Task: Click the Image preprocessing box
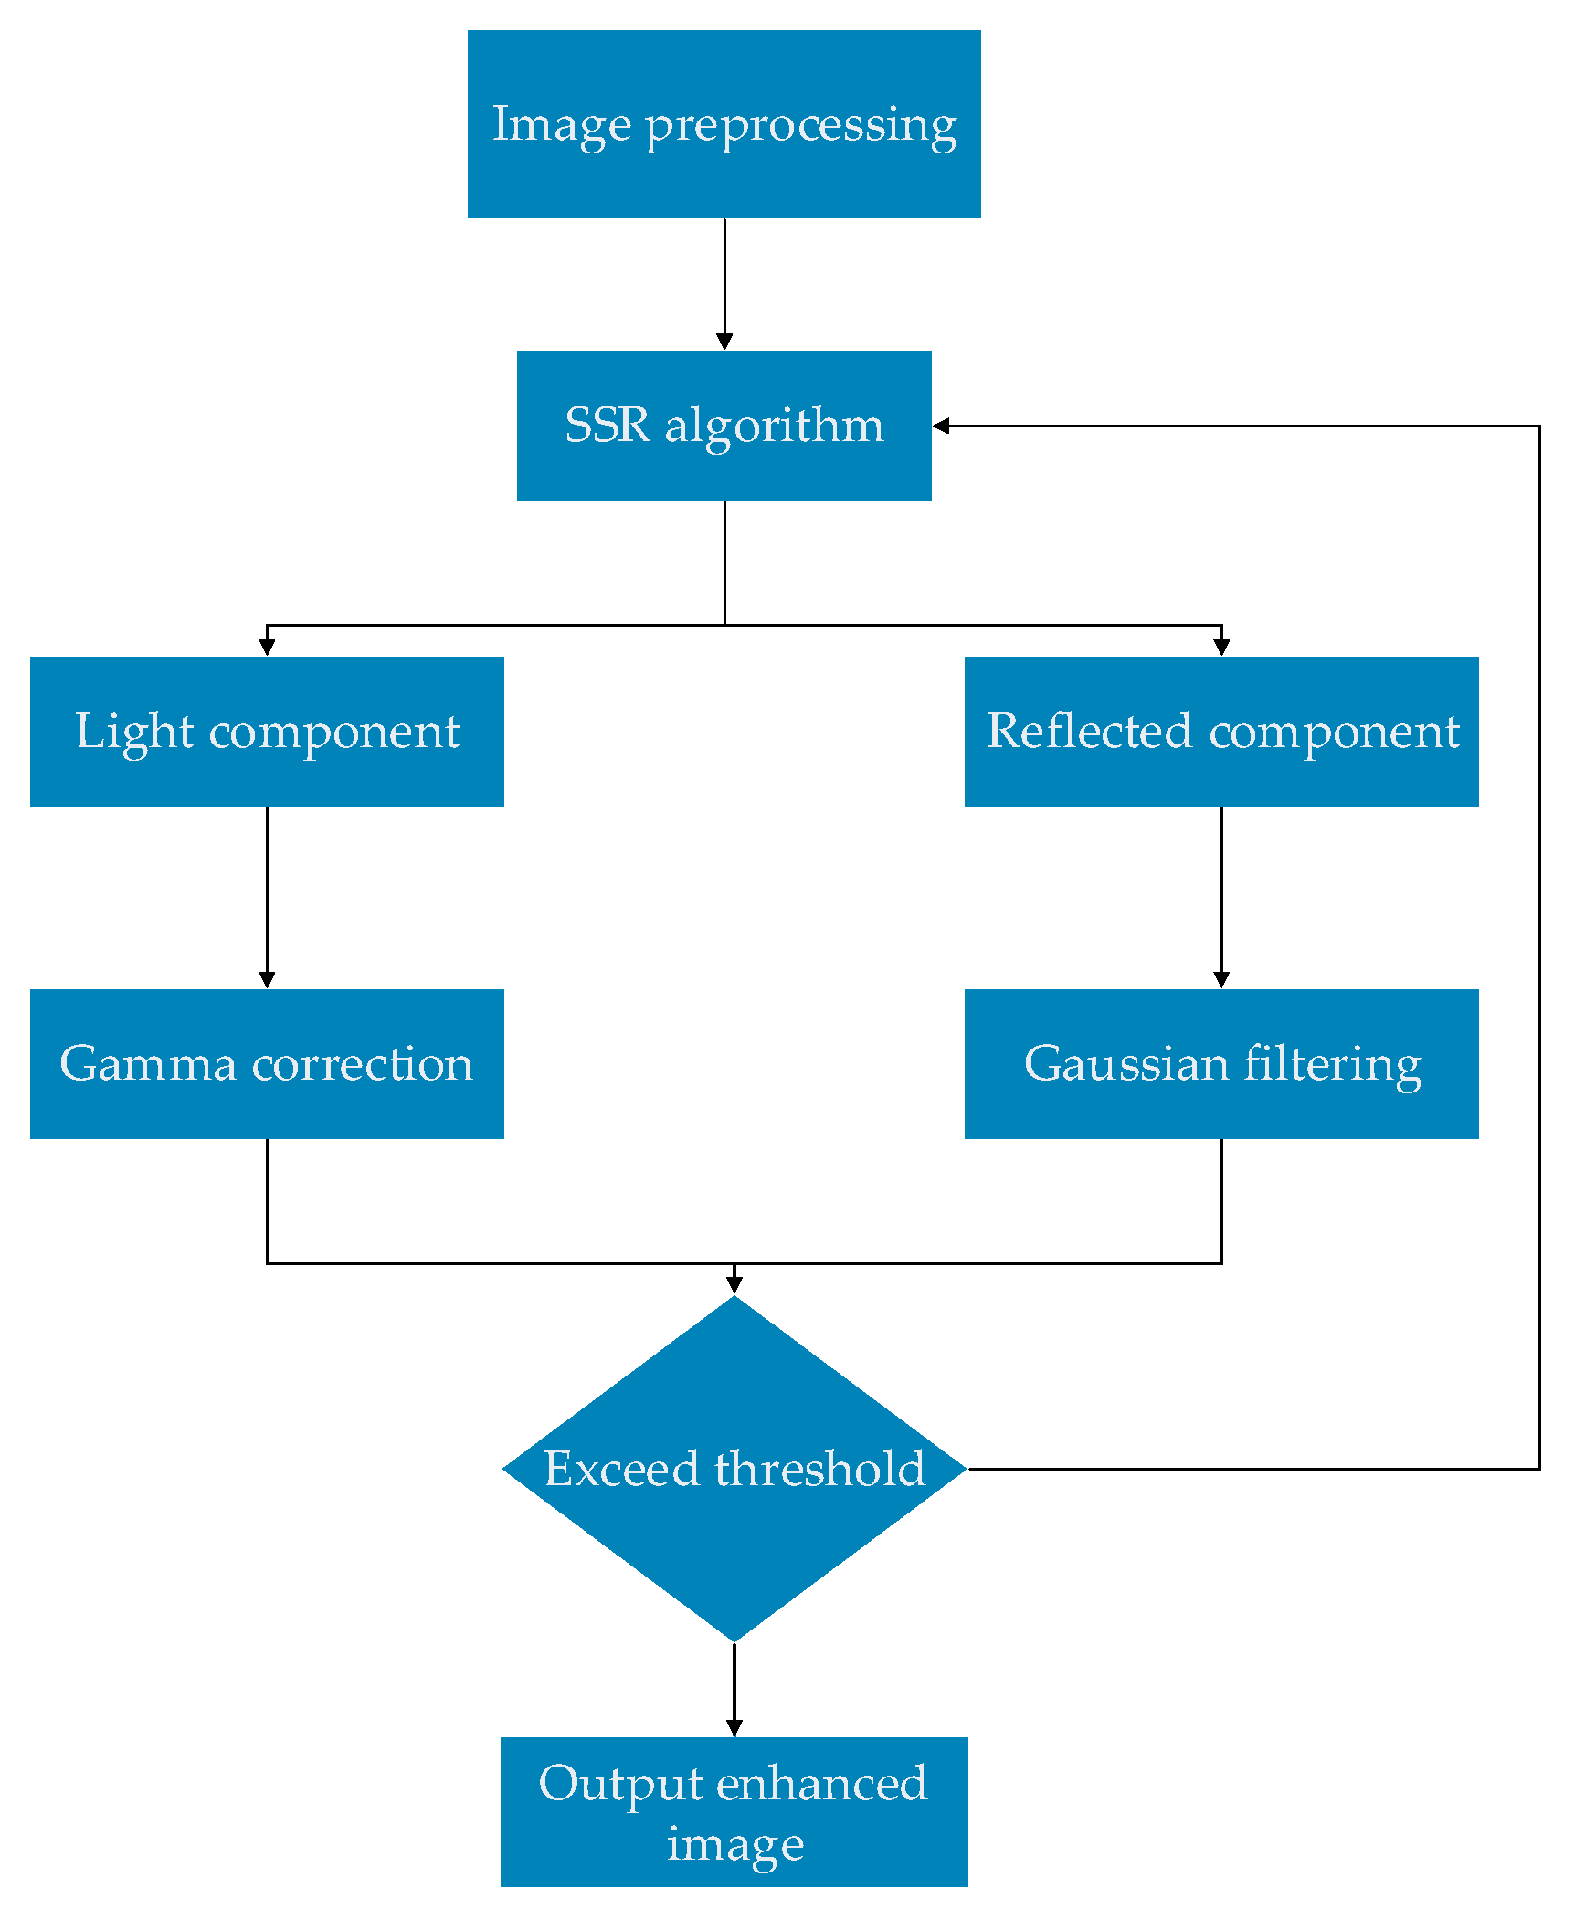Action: (724, 124)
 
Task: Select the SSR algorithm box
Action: (724, 426)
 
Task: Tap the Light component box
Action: (267, 732)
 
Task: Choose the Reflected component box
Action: (1221, 732)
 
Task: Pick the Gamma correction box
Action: (267, 1064)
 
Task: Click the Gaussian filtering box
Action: (1221, 1064)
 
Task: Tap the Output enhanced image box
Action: (734, 1812)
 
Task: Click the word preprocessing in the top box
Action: (801, 126)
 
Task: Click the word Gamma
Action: (148, 1064)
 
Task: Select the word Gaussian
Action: (1125, 1064)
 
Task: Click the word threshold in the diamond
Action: (820, 1470)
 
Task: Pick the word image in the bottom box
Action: (735, 1845)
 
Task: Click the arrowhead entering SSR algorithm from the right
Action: (942, 426)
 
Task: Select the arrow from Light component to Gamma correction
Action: (267, 895)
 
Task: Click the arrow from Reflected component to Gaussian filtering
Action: (1221, 895)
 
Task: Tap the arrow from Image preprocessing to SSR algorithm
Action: (724, 283)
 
